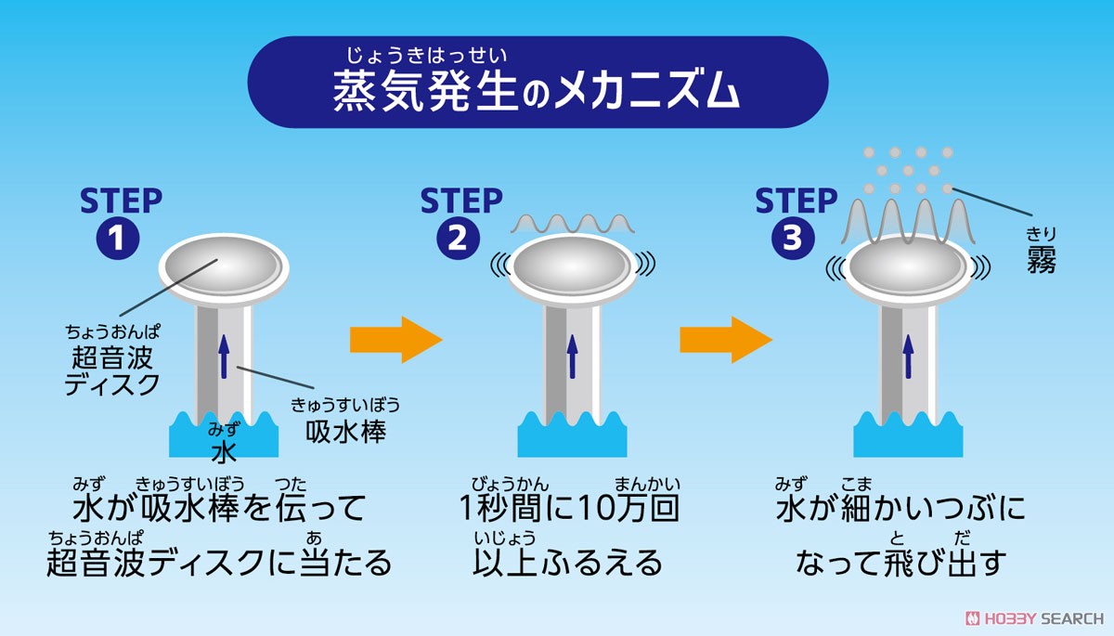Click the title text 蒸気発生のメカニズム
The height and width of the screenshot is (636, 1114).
(x=537, y=92)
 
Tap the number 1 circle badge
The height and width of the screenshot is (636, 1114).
(x=117, y=238)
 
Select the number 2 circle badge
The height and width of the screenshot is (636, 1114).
(x=458, y=238)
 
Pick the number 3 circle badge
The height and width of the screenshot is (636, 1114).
(x=793, y=238)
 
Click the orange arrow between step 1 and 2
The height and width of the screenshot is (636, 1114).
(x=395, y=340)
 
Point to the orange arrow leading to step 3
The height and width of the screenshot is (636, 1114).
(x=726, y=340)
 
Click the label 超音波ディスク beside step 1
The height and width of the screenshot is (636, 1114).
(x=112, y=370)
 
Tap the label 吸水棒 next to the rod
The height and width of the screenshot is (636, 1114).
(x=345, y=432)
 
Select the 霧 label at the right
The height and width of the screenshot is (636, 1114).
(x=1042, y=261)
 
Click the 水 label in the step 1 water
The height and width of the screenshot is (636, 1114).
(x=224, y=451)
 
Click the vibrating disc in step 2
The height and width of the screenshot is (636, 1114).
(x=572, y=267)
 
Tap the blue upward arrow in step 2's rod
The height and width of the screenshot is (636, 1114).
(x=573, y=357)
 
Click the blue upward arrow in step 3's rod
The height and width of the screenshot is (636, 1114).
(x=909, y=357)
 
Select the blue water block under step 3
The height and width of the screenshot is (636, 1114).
(x=908, y=435)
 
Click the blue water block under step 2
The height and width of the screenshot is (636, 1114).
(x=572, y=435)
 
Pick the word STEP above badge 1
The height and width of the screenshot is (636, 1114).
(x=121, y=201)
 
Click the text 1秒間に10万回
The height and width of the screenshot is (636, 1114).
(x=569, y=508)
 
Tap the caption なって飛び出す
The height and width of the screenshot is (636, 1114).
(x=900, y=563)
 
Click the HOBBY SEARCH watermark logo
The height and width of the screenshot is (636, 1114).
(x=1034, y=618)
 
